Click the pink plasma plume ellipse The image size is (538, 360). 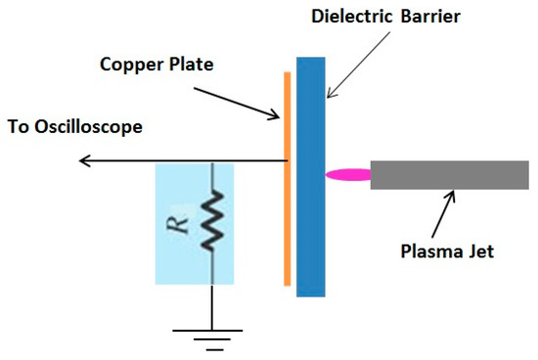click(348, 176)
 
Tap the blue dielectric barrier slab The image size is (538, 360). click(310, 176)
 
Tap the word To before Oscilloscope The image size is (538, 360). click(18, 128)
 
